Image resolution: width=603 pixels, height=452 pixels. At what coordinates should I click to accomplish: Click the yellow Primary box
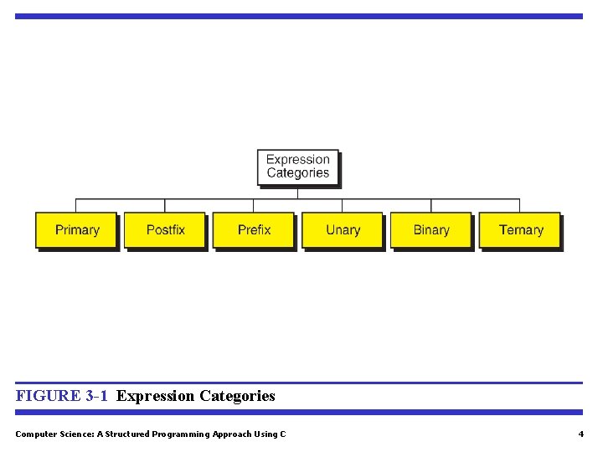pos(76,230)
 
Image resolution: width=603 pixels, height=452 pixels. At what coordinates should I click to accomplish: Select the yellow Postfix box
pos(165,230)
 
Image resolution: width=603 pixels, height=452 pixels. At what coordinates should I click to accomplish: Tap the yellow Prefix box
pos(254,230)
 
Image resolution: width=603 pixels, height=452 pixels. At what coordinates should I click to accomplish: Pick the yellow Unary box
pos(343,230)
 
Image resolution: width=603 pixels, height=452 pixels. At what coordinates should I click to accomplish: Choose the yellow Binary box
pos(431,230)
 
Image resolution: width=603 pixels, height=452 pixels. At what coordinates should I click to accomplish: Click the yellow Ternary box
pos(520,230)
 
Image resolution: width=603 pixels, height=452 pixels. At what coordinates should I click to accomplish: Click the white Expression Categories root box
pos(298,167)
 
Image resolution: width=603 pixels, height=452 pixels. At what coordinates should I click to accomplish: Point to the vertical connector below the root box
pos(298,193)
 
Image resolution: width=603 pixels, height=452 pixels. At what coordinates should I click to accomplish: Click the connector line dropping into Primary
pos(76,206)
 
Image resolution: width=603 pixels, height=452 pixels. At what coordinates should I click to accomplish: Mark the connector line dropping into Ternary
pos(520,206)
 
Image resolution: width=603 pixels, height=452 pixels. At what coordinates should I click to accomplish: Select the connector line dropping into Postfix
pos(165,206)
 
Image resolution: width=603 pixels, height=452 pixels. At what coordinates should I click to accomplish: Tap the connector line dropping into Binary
pos(431,206)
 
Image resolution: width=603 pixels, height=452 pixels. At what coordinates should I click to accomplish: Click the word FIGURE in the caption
pos(48,396)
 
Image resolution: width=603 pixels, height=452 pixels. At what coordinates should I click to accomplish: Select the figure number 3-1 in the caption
pos(96,396)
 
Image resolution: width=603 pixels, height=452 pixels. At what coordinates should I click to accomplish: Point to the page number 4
pos(580,434)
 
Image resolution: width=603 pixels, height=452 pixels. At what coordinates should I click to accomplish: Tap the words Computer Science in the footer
pos(49,434)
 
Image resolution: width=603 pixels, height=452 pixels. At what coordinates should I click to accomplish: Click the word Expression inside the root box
pos(298,159)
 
